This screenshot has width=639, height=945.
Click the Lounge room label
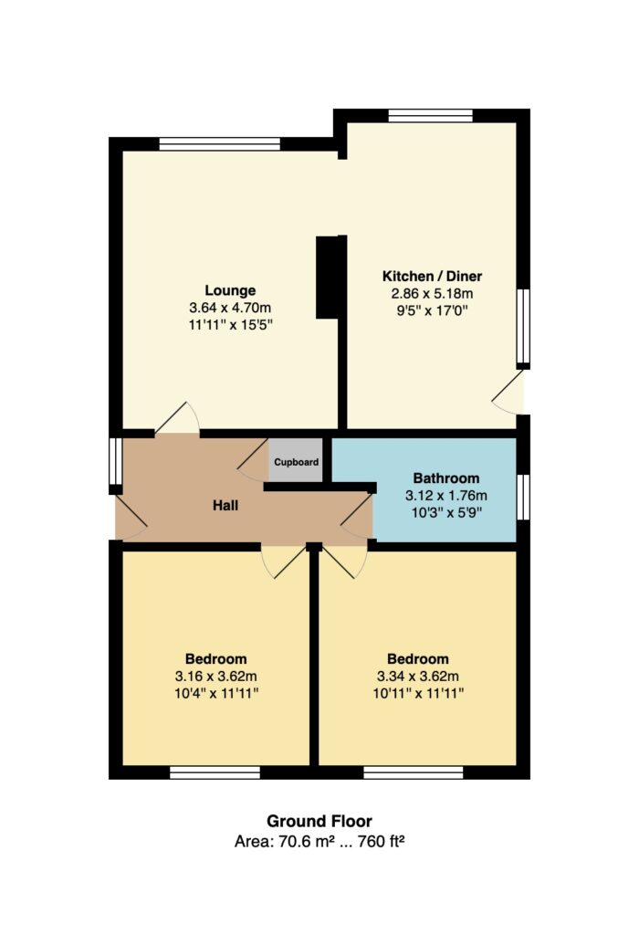[230, 290]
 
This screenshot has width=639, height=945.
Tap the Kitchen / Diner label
[432, 277]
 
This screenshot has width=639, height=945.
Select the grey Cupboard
[296, 461]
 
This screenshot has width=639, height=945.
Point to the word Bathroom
[446, 478]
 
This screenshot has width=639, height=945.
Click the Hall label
[225, 506]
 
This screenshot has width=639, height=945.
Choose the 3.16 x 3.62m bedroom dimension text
[216, 677]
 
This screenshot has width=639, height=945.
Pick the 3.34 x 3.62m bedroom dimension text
[418, 677]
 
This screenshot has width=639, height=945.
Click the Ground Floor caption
[319, 821]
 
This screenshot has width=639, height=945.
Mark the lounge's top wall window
[220, 144]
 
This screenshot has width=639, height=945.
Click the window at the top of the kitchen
[431, 116]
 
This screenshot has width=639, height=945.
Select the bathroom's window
[523, 497]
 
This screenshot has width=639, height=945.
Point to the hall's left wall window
[115, 461]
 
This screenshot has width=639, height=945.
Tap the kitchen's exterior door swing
[508, 392]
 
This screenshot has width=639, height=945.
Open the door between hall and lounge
[177, 417]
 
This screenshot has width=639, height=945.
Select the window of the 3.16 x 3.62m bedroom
[215, 772]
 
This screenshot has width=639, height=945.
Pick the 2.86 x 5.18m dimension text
[432, 294]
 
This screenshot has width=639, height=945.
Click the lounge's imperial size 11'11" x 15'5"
[230, 325]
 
